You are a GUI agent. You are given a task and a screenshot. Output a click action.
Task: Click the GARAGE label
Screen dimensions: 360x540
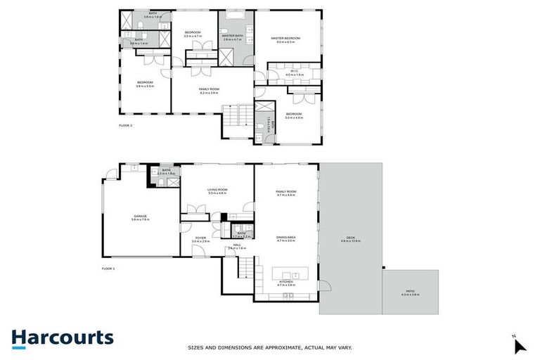141,216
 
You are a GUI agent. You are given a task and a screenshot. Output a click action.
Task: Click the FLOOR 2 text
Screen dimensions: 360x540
126,126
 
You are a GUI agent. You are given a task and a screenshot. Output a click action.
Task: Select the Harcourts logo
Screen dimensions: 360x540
62,337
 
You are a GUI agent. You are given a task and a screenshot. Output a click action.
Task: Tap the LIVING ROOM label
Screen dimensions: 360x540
217,189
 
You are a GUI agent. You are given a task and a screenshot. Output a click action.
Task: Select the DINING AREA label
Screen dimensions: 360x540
285,238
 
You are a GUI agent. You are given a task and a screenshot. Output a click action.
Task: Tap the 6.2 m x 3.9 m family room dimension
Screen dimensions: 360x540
209,93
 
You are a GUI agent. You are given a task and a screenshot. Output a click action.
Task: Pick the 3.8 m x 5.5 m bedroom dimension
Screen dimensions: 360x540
145,86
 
